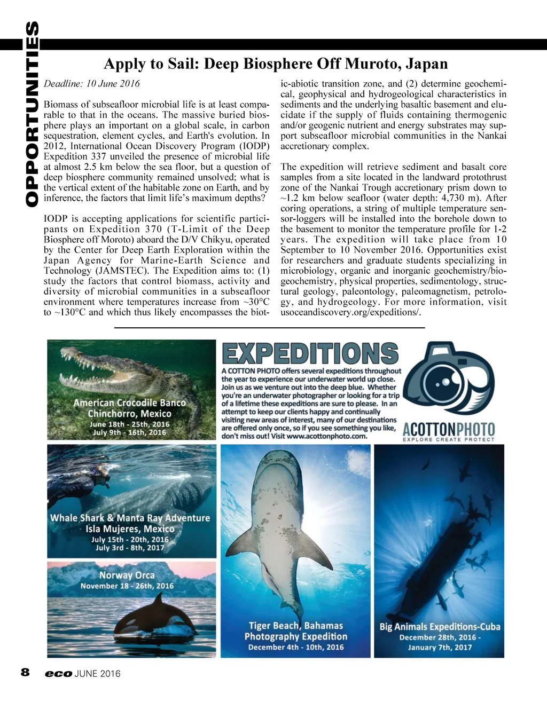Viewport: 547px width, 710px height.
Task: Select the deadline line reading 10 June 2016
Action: pyautogui.click(x=92, y=83)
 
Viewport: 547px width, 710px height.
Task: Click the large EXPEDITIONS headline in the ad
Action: pyautogui.click(x=310, y=353)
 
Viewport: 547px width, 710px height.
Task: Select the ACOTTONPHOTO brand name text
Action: pyautogui.click(x=449, y=429)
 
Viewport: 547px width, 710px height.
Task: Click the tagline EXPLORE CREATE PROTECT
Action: pyautogui.click(x=449, y=440)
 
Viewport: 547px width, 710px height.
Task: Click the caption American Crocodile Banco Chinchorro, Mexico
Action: pyautogui.click(x=130, y=408)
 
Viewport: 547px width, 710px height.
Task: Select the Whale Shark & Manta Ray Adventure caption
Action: pyautogui.click(x=130, y=518)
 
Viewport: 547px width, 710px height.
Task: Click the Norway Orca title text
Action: pyautogui.click(x=127, y=575)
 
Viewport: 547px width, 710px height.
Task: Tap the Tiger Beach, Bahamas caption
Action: pyautogui.click(x=296, y=626)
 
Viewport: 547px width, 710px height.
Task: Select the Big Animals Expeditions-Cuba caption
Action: pyautogui.click(x=440, y=627)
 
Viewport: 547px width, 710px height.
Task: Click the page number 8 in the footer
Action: pyautogui.click(x=25, y=673)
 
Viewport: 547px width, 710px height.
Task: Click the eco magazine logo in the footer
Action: pyautogui.click(x=58, y=674)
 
